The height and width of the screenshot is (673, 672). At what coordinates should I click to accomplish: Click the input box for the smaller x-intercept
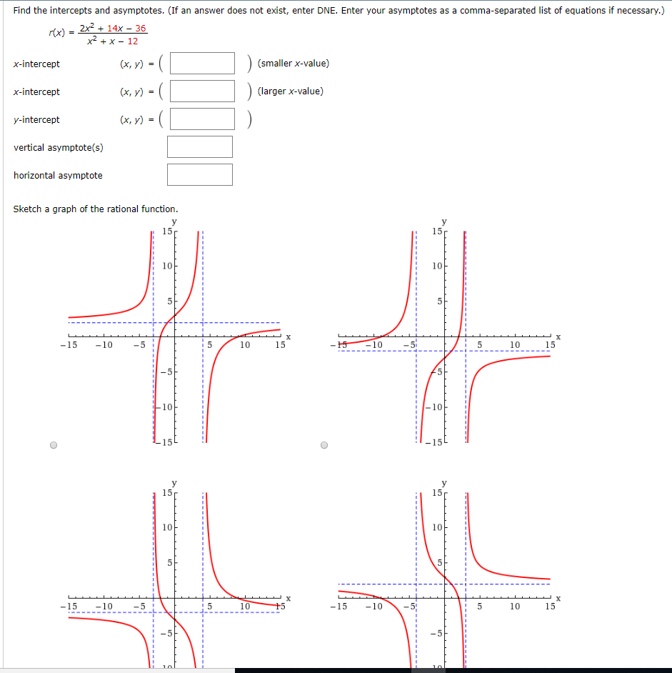click(202, 64)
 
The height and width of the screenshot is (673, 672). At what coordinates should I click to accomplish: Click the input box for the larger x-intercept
click(202, 91)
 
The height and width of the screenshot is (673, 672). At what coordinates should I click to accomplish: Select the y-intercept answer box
click(202, 119)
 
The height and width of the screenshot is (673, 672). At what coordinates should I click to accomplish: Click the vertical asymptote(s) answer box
click(200, 147)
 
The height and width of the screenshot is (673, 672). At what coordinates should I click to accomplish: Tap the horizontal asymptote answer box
click(200, 175)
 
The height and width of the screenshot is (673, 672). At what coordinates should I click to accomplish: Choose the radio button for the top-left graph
click(54, 446)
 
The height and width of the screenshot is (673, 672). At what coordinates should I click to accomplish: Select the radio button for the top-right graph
click(326, 446)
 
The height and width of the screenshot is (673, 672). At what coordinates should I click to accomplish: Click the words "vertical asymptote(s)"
click(59, 148)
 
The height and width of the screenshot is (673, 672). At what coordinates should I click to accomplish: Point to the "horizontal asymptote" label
click(58, 176)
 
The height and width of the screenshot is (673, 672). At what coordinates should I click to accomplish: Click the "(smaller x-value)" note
click(293, 64)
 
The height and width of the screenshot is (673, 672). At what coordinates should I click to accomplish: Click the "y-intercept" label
click(36, 120)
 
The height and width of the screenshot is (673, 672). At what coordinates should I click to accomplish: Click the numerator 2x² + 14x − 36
click(113, 29)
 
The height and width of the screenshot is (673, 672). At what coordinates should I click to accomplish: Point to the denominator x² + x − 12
click(112, 41)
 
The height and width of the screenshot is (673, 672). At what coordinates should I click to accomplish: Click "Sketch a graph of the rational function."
click(96, 209)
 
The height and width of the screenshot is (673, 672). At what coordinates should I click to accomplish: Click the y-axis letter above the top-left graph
click(174, 222)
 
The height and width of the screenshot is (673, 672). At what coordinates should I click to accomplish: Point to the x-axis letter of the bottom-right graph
click(558, 599)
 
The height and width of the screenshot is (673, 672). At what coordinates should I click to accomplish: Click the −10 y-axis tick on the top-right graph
click(435, 408)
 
